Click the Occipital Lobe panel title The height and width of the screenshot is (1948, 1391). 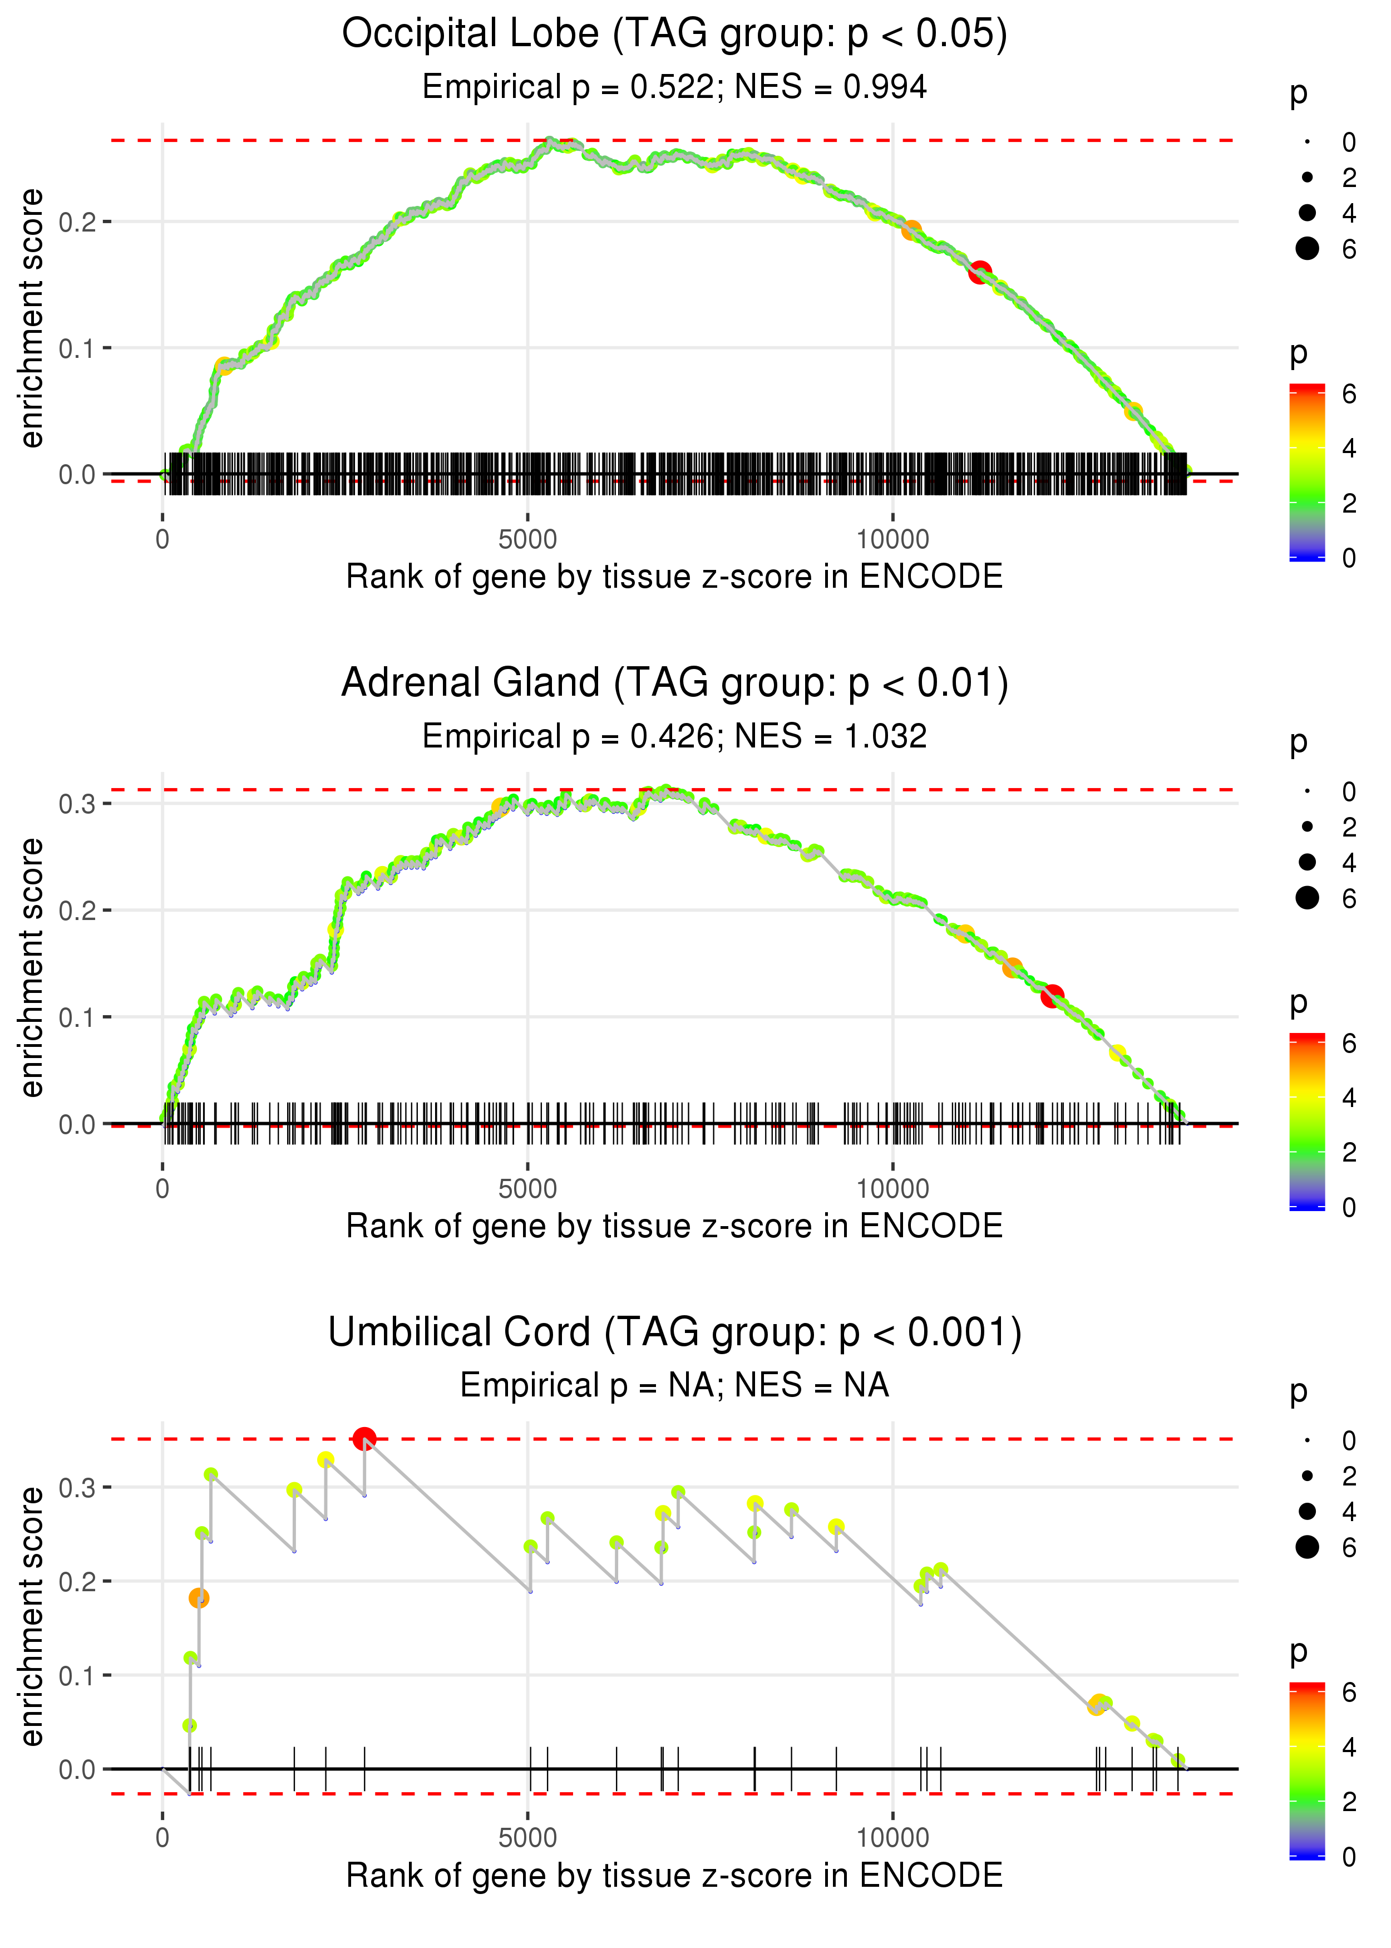pos(674,35)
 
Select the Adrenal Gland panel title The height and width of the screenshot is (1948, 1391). pos(674,683)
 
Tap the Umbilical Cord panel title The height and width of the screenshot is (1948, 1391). pos(674,1333)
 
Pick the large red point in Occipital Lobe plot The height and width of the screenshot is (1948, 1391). pos(980,272)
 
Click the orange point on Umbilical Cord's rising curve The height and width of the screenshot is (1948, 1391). pos(199,1597)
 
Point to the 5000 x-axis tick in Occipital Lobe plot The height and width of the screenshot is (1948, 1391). pos(527,540)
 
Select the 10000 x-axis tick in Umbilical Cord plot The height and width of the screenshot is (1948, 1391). pos(892,1837)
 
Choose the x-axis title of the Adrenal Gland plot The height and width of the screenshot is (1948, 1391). pos(674,1226)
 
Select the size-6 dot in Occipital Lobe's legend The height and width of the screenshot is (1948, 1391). pos(1307,248)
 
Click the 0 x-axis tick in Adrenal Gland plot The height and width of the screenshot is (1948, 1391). pos(162,1189)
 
